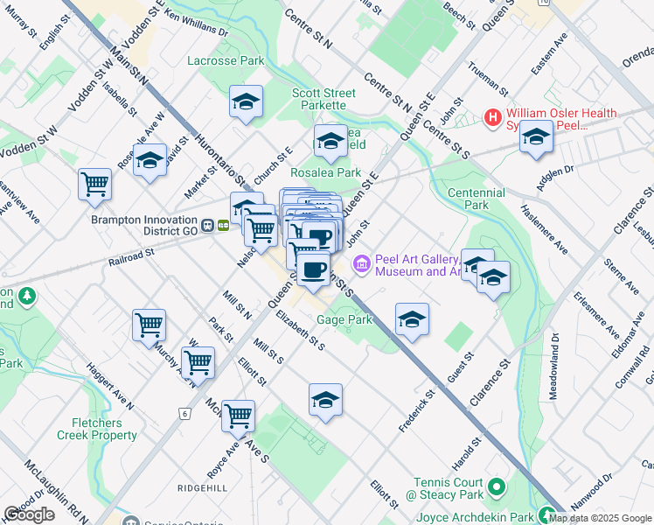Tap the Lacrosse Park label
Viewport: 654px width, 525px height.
226,61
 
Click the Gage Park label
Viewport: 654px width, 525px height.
344,321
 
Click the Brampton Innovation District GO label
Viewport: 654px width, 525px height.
145,220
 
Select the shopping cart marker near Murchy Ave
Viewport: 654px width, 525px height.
149,325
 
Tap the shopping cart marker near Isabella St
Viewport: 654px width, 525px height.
94,184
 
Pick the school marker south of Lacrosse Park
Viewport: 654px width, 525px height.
247,101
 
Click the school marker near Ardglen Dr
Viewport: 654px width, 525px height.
536,136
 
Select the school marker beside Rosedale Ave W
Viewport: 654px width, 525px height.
150,159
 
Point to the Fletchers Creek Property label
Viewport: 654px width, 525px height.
91,428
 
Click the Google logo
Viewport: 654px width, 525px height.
30,514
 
